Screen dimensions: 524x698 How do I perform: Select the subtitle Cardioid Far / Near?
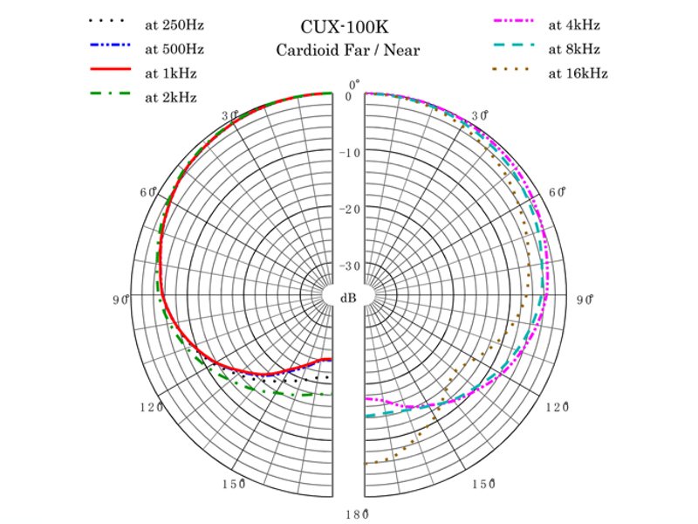click(x=348, y=50)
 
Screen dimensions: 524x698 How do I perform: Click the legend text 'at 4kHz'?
click(x=574, y=24)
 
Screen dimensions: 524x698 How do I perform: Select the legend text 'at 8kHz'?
click(x=574, y=48)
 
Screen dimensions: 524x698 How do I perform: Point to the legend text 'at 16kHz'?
click(x=578, y=72)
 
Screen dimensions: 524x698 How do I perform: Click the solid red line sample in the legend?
click(x=109, y=68)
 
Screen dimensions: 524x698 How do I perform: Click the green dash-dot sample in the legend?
click(x=109, y=93)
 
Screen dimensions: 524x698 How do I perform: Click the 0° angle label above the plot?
click(x=353, y=85)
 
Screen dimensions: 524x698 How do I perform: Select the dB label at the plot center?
click(x=348, y=298)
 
